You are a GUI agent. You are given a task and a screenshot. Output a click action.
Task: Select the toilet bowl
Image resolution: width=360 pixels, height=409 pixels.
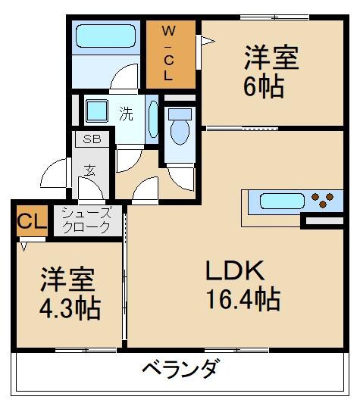(180, 127)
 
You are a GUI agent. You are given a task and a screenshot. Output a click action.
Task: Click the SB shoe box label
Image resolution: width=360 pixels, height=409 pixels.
(92, 139)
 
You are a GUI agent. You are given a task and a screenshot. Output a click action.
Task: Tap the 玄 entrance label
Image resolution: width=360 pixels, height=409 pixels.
(90, 171)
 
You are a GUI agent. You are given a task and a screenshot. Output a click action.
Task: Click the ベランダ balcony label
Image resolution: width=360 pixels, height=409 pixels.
(180, 370)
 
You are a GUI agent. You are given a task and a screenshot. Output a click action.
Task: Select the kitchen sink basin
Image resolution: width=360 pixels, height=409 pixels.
(280, 201)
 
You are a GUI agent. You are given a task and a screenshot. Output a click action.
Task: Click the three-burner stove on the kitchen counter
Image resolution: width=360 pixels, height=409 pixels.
(323, 201)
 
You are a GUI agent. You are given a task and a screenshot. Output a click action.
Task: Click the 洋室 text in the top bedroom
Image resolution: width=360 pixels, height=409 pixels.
(271, 58)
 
